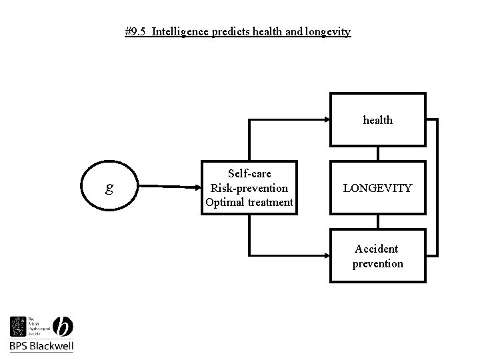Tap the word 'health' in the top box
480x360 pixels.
(377, 120)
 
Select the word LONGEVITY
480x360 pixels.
(377, 189)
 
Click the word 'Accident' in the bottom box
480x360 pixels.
(377, 249)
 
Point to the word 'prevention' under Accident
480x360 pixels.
(377, 263)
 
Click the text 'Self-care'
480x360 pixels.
(249, 173)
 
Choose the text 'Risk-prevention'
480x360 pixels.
(249, 188)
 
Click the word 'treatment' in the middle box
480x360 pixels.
(270, 202)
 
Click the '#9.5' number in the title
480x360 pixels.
(136, 32)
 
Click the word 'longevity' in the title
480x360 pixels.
(329, 32)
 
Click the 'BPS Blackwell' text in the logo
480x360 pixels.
(41, 346)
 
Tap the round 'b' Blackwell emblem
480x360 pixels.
(61, 327)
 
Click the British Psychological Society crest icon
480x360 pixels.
(18, 327)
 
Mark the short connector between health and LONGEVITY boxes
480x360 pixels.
(378, 153)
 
